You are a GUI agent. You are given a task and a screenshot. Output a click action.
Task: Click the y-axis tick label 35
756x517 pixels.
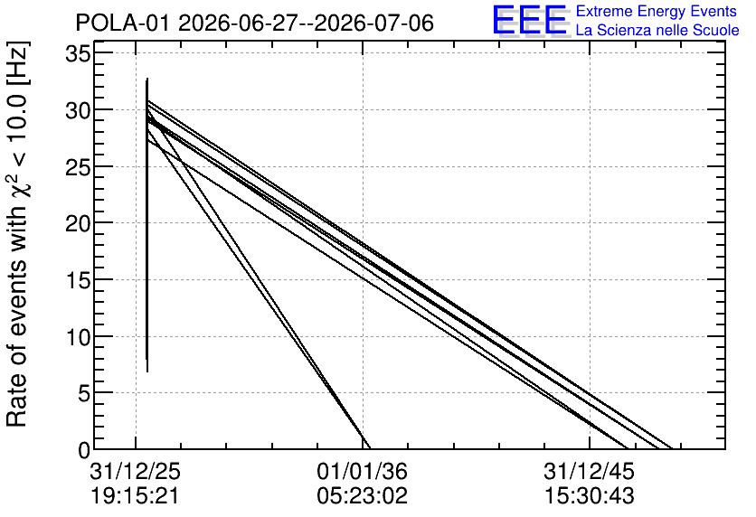(x=78, y=53)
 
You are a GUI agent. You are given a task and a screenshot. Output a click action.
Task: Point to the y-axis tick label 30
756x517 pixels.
(x=78, y=110)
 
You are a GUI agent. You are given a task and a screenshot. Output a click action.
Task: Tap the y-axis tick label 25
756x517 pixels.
(x=78, y=167)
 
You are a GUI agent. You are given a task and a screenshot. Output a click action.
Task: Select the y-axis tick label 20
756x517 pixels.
(x=78, y=223)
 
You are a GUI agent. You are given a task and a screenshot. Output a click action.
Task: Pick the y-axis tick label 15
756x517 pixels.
(x=78, y=280)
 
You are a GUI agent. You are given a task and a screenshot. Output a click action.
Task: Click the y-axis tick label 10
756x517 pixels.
(x=78, y=337)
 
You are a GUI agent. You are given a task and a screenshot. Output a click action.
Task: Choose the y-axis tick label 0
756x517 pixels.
(x=84, y=450)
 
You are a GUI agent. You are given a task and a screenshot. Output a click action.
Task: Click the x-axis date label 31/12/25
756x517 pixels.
(x=135, y=471)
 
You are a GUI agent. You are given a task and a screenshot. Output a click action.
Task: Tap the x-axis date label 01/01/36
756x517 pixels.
(x=362, y=471)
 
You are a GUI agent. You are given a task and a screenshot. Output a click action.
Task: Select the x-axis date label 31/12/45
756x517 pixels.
(x=590, y=471)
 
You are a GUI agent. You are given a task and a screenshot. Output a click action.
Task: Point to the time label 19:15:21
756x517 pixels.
(x=135, y=496)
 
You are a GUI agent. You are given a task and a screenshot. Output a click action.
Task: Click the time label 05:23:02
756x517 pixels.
(x=362, y=496)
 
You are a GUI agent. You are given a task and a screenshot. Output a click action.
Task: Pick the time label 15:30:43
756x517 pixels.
(x=590, y=496)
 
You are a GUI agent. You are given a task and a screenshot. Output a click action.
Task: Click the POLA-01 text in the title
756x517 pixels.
(x=122, y=23)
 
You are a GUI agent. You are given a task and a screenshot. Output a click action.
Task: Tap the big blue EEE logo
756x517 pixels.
(x=530, y=20)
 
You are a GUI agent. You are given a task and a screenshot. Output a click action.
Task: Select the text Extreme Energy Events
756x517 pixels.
(x=657, y=12)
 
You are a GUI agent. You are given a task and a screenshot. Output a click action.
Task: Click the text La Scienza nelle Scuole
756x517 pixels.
(x=657, y=31)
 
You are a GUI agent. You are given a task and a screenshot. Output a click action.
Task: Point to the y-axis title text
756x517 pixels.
(x=17, y=234)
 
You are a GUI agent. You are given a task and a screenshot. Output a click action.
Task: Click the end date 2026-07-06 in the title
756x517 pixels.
(x=374, y=23)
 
